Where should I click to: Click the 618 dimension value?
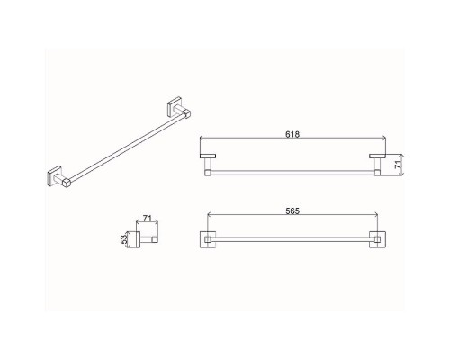[292, 134]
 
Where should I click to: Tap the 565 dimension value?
[292, 211]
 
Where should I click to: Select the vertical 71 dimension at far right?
[398, 165]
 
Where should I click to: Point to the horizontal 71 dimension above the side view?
[147, 218]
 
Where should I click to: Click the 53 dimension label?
[123, 239]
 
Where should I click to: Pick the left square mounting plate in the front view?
[208, 239]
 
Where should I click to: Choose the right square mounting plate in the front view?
[377, 239]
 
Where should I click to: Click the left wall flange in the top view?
[208, 156]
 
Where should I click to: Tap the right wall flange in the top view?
[377, 156]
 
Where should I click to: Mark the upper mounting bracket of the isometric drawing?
[179, 108]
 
